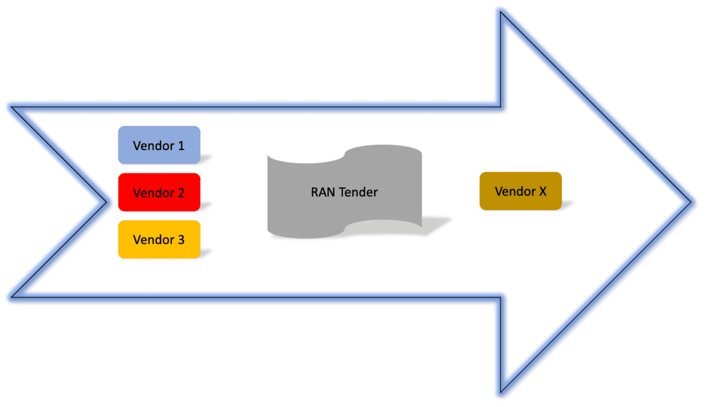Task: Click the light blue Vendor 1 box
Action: coord(159,145)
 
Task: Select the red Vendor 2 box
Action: coord(159,193)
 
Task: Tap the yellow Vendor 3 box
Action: coord(159,240)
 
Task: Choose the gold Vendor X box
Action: coord(520,191)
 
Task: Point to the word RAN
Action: coord(323,192)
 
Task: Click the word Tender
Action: coord(357,192)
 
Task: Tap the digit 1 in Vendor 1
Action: coord(181,146)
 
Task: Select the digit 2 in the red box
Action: coord(181,194)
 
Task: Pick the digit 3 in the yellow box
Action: coord(181,240)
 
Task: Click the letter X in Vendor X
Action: coord(543,191)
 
